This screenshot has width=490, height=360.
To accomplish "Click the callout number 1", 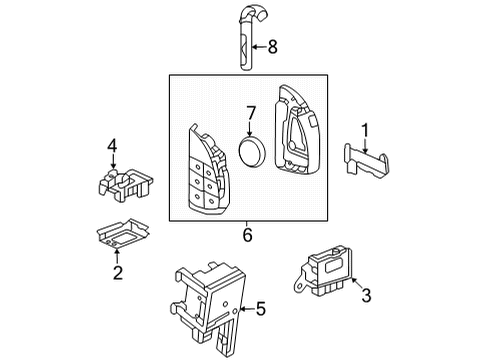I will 365,128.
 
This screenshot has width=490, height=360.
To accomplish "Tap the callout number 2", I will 117,272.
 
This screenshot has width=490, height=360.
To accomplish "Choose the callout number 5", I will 260,309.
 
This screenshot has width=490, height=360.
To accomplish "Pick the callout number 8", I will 272,45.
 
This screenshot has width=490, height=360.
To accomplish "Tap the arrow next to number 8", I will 257,46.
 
